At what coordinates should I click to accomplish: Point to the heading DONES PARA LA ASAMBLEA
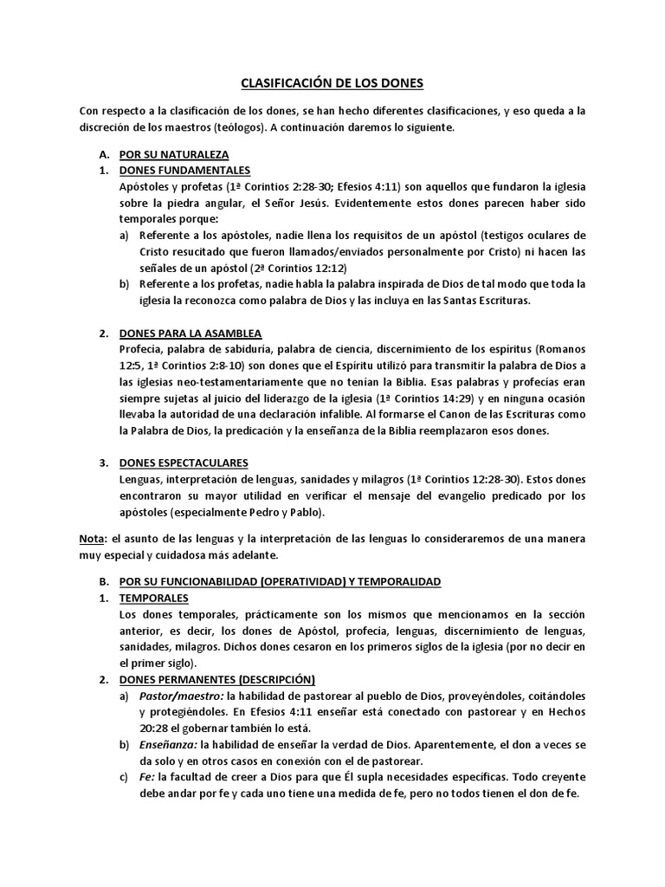coord(190,333)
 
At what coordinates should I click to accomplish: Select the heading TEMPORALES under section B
coord(153,598)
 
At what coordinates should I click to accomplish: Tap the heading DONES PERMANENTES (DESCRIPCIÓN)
coord(216,679)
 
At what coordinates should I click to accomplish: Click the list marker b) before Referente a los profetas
coord(124,284)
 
